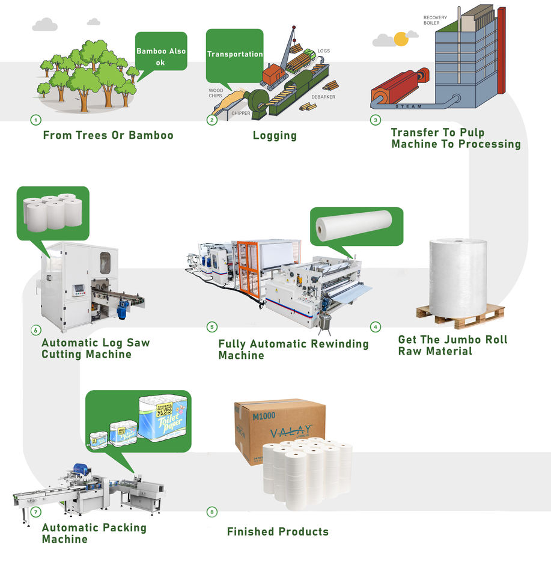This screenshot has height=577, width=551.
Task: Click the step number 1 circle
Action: click(35, 120)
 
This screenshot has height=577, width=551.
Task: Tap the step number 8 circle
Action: click(212, 512)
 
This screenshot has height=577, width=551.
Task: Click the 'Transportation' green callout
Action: click(234, 54)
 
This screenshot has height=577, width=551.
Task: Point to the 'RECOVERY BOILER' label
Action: click(435, 20)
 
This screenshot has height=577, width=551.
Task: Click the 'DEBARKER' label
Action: click(323, 97)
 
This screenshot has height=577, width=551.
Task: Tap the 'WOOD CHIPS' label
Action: click(216, 93)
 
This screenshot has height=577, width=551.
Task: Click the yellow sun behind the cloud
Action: click(401, 39)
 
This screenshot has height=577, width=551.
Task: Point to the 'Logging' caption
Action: click(275, 136)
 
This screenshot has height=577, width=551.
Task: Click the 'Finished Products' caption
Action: click(278, 531)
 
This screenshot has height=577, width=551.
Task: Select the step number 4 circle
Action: click(376, 327)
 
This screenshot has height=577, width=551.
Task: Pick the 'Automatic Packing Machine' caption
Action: click(94, 533)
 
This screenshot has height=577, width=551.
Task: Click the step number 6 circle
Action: click(35, 330)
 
